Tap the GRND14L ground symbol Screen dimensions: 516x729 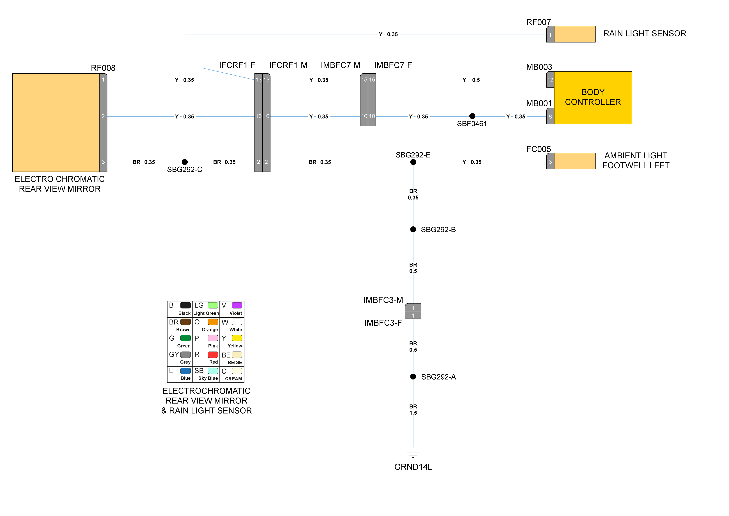tap(413, 454)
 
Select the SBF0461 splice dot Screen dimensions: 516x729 tap(472, 116)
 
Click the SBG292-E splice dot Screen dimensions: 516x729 tap(413, 162)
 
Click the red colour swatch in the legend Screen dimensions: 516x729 tap(212, 354)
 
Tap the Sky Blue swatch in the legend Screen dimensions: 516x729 tap(212, 371)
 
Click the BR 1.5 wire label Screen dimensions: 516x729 tap(413, 410)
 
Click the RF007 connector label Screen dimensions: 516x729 tap(538, 22)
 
